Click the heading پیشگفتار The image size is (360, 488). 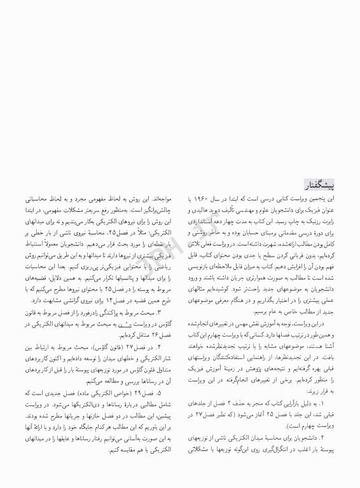coord(324,184)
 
